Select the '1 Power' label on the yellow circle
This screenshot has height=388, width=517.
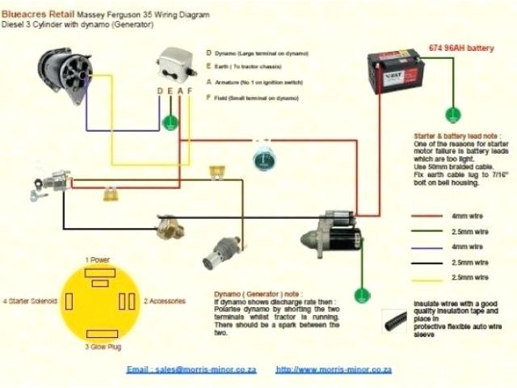98,259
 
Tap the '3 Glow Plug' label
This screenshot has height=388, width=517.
103,346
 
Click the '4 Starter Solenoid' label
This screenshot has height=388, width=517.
31,301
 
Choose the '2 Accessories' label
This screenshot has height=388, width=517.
164,301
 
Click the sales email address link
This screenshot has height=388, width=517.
191,369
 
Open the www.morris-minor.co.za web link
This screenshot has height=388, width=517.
334,369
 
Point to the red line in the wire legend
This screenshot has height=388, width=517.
431,217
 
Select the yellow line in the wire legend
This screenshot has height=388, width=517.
431,278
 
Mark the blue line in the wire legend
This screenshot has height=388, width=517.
431,247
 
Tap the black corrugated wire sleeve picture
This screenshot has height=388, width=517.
396,319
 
